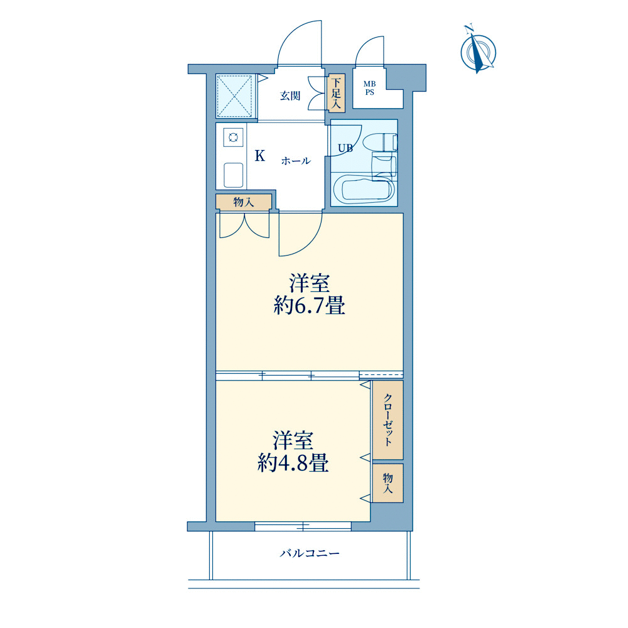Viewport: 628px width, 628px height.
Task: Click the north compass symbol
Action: (478, 51)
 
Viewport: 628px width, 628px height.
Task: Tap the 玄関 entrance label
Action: (290, 95)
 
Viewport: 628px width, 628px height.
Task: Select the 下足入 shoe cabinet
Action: (336, 93)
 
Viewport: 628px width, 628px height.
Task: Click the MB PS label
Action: (369, 88)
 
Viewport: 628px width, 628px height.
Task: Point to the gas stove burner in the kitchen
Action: (233, 138)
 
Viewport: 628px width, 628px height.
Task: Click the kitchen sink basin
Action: (233, 175)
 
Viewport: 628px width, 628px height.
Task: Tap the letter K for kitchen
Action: (260, 156)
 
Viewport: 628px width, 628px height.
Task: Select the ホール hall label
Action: (296, 161)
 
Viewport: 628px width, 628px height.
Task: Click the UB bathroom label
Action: (345, 148)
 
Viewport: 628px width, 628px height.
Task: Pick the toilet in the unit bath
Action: (380, 142)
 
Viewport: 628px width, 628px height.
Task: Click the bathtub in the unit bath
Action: (363, 188)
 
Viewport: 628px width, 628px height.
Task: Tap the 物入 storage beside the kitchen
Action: (244, 202)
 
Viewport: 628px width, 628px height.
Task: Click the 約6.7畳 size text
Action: (309, 306)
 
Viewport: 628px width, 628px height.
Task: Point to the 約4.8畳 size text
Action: (293, 463)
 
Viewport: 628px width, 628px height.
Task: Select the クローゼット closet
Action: (387, 420)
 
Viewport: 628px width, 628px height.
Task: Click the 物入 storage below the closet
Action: (387, 483)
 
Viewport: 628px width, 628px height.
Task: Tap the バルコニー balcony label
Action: (310, 553)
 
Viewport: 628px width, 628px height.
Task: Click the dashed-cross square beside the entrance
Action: (235, 95)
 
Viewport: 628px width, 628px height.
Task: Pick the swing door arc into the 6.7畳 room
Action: (309, 242)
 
